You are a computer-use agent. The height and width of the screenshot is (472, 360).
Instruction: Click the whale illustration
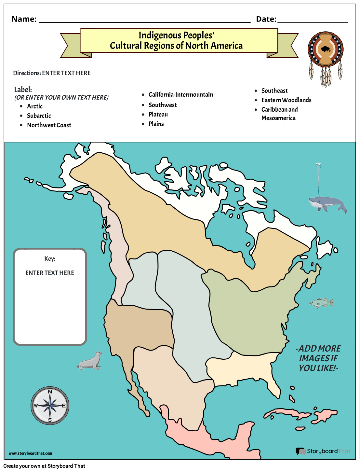[327, 204]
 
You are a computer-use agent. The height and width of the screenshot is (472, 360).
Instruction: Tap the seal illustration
[89, 361]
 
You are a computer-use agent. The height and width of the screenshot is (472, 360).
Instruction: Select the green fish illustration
[321, 303]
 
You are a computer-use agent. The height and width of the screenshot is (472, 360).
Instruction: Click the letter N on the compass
[50, 392]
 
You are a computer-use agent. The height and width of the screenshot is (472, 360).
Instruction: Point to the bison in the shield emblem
[326, 49]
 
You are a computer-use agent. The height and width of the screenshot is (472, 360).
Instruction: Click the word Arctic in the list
[35, 106]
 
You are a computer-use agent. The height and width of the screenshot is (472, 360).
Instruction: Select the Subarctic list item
[39, 116]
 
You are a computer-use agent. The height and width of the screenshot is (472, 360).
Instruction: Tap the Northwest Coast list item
[49, 125]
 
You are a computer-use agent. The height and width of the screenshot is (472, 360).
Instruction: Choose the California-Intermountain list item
[181, 95]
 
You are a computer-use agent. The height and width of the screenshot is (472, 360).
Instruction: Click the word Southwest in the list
[163, 105]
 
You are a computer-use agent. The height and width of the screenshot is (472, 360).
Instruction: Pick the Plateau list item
[158, 115]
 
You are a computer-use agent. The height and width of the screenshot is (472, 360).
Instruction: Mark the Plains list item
[156, 124]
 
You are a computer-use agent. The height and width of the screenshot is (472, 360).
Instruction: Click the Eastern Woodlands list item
[286, 100]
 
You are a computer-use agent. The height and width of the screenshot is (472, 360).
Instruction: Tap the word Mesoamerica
[278, 118]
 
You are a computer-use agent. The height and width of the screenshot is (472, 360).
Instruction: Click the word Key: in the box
[50, 259]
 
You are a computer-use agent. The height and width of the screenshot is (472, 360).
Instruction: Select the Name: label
[24, 19]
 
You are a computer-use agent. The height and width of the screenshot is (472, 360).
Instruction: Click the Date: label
[266, 19]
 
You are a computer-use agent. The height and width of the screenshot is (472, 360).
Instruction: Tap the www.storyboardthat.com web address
[30, 453]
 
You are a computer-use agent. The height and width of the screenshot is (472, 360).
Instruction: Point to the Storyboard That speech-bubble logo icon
[300, 451]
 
